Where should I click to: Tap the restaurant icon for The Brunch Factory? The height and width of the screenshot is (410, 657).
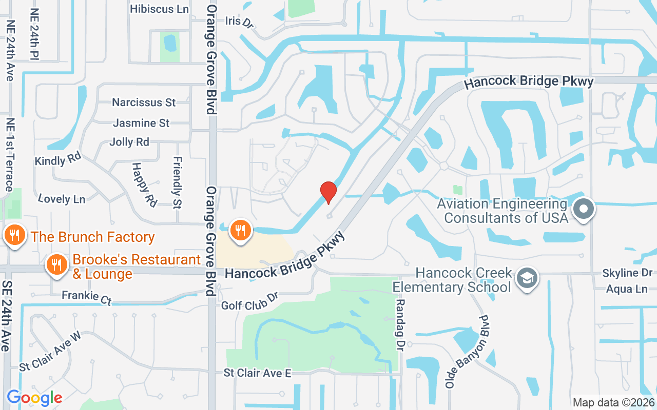(15, 236)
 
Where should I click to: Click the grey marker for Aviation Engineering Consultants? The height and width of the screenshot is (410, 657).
(584, 209)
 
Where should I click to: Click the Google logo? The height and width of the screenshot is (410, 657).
(34, 397)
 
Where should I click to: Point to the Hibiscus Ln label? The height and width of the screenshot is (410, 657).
(159, 9)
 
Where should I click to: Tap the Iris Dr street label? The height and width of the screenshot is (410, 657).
(240, 22)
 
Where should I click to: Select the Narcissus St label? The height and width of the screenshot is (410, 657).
(144, 102)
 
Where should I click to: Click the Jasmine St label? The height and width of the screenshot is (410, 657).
(141, 123)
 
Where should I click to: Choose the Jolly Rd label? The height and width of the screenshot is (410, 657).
(129, 142)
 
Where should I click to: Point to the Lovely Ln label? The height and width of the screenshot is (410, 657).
(62, 199)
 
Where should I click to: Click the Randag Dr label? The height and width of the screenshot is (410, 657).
(400, 325)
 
